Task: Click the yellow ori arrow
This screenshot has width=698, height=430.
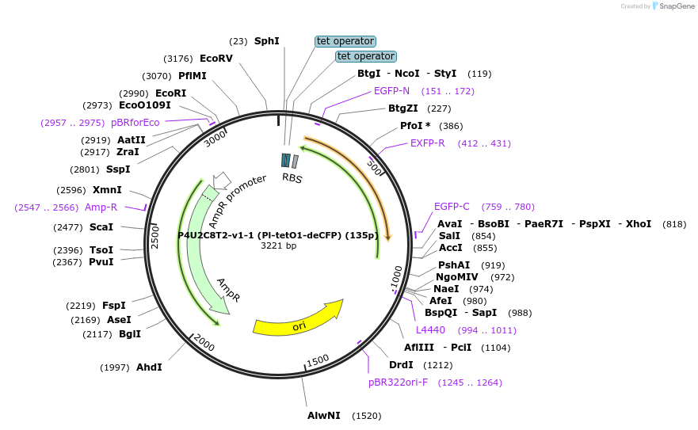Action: (x=298, y=318)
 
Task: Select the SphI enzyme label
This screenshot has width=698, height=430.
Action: (x=266, y=41)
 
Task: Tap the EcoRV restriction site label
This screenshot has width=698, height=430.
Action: (x=216, y=59)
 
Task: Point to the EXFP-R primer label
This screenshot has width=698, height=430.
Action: (x=427, y=143)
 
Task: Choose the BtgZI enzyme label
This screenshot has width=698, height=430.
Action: (x=408, y=108)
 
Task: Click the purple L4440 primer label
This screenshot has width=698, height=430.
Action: (x=430, y=330)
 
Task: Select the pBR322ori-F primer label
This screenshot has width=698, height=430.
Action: (x=398, y=382)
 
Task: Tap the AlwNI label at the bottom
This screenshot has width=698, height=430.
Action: (x=323, y=416)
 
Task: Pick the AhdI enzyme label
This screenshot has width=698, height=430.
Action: (x=149, y=367)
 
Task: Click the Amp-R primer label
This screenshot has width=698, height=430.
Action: (x=101, y=207)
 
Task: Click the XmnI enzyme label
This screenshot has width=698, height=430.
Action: (x=107, y=190)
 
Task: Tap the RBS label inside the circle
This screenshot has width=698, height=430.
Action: (x=292, y=178)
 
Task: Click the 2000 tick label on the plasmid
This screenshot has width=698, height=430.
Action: (x=204, y=344)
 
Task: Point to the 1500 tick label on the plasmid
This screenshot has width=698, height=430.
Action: (x=318, y=360)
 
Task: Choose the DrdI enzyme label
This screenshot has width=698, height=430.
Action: (x=401, y=365)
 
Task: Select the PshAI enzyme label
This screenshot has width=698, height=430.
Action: (x=454, y=265)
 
